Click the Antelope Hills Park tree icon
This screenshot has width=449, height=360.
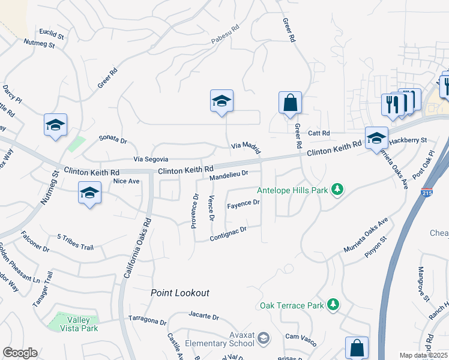click(x=338, y=190)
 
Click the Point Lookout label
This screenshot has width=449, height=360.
click(x=179, y=293)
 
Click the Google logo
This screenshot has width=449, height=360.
click(x=20, y=353)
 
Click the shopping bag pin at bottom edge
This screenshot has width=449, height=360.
click(x=357, y=347)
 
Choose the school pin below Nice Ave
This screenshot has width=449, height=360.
click(x=89, y=193)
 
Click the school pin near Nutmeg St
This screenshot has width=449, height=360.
click(x=55, y=125)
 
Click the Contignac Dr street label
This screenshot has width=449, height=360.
click(x=228, y=234)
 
